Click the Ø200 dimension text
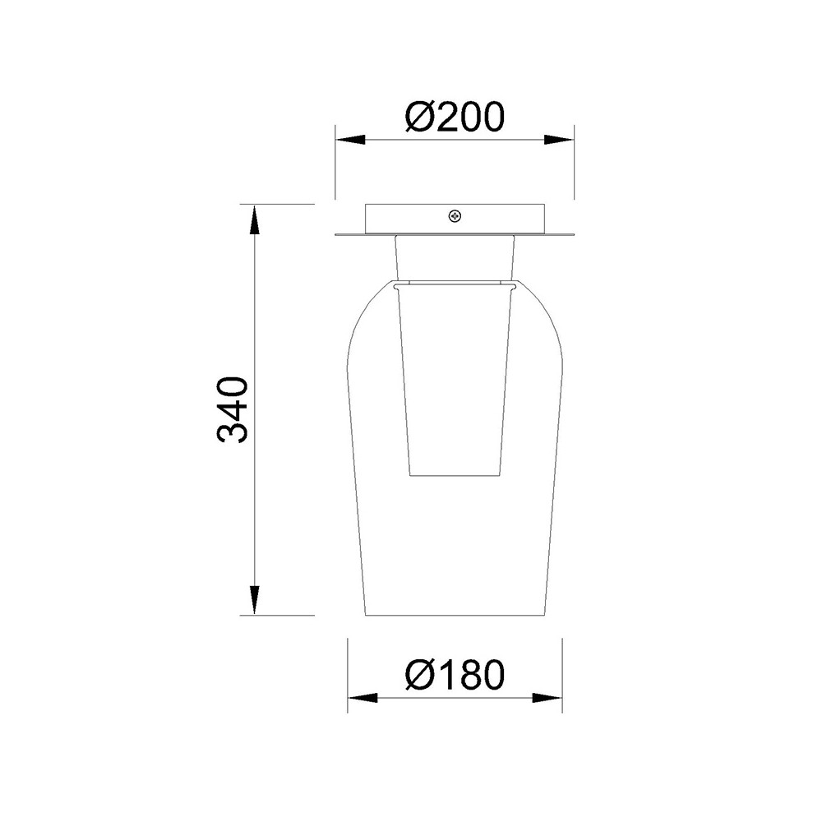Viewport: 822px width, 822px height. pyautogui.click(x=455, y=117)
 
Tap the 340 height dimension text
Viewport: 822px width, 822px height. pyautogui.click(x=231, y=409)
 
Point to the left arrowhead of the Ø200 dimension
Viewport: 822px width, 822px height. pyautogui.click(x=349, y=140)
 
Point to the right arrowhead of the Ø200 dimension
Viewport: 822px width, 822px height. pyautogui.click(x=559, y=140)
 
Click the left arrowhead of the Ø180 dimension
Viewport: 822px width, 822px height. pyautogui.click(x=363, y=698)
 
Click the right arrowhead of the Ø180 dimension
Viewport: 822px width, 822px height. pyautogui.click(x=547, y=698)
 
